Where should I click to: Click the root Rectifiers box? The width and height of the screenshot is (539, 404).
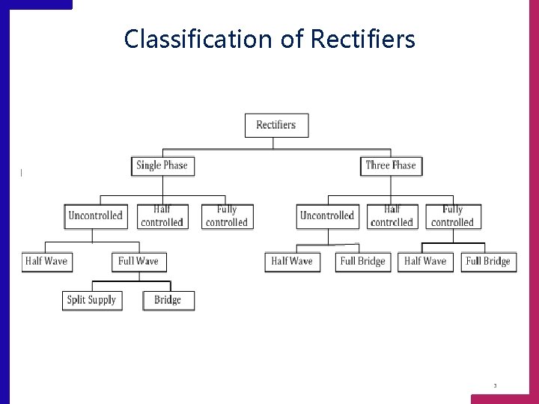276,125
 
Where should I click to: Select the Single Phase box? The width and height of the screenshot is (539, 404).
162,165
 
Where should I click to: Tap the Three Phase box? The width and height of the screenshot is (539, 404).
391,165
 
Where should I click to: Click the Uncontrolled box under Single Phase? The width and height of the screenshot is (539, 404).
95,215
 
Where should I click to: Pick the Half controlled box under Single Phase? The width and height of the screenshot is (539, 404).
162,216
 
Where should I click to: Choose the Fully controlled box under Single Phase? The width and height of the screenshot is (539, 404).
227,216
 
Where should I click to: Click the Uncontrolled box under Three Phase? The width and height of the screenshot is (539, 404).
327,215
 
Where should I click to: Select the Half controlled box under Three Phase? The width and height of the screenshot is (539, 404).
392,216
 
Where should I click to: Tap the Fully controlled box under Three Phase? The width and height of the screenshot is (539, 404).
453,216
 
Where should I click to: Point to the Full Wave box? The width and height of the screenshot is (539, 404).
138,261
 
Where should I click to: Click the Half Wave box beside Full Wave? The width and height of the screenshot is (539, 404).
46,261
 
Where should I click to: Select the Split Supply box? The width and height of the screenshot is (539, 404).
91,300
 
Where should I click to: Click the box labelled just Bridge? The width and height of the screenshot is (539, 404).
168,300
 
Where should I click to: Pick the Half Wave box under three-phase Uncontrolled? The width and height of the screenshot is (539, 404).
292,261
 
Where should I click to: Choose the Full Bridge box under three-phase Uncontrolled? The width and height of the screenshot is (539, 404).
363,261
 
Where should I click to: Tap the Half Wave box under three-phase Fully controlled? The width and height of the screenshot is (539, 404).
425,261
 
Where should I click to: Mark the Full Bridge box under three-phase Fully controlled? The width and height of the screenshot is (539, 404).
488,261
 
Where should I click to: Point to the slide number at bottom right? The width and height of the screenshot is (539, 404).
495,386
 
